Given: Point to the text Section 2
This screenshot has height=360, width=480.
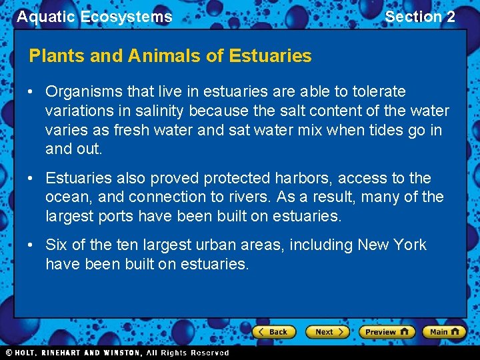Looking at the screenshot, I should [420, 17].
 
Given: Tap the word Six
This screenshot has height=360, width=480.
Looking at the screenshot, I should [57, 245].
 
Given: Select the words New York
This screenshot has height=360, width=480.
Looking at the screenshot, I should [392, 245].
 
